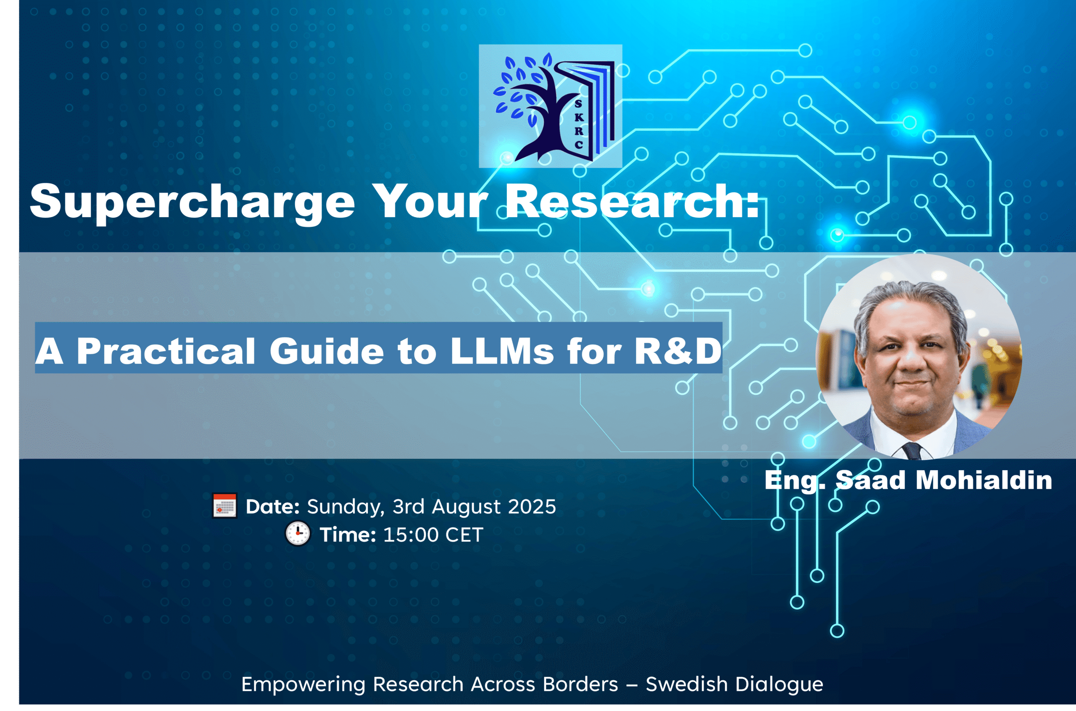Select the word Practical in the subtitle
tap(166, 351)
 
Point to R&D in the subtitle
tap(678, 351)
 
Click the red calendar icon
tap(224, 506)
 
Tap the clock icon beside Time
tap(298, 534)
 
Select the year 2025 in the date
tap(531, 506)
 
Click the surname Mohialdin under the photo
tap(984, 480)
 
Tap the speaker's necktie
tap(911, 451)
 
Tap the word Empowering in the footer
tap(303, 684)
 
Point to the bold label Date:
tap(272, 506)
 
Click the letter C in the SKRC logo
tap(579, 145)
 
